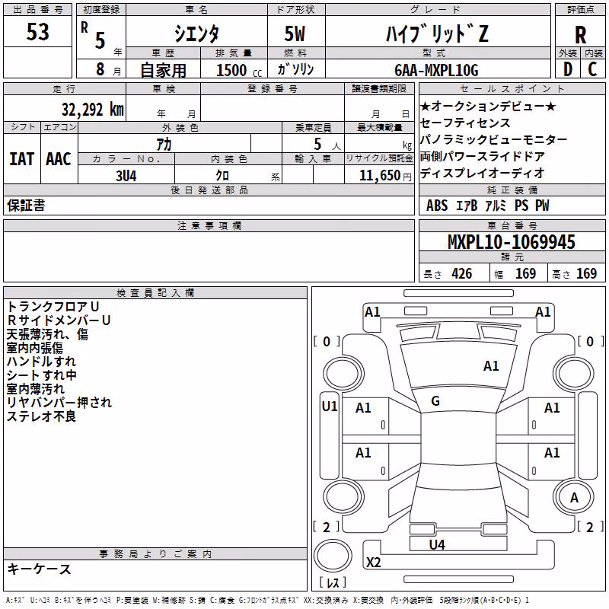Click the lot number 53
pyautogui.click(x=37, y=31)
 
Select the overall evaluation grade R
pyautogui.click(x=580, y=35)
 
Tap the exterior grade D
pyautogui.click(x=568, y=69)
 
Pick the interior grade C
pyautogui.click(x=592, y=69)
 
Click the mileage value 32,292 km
pyautogui.click(x=93, y=110)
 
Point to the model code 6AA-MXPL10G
pyautogui.click(x=436, y=70)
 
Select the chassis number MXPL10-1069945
pyautogui.click(x=511, y=242)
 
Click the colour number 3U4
pyautogui.click(x=126, y=176)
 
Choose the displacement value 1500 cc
pyautogui.click(x=239, y=70)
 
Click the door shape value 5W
pyautogui.click(x=295, y=33)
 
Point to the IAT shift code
pyautogui.click(x=22, y=159)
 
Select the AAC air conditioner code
pyautogui.click(x=59, y=159)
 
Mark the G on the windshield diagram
pyautogui.click(x=435, y=401)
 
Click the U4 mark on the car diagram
pyautogui.click(x=437, y=544)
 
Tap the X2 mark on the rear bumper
pyautogui.click(x=373, y=562)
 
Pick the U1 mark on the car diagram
pyautogui.click(x=330, y=407)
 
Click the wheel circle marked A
pyautogui.click(x=574, y=498)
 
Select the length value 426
pyautogui.click(x=462, y=273)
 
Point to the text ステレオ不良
pyautogui.click(x=41, y=416)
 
